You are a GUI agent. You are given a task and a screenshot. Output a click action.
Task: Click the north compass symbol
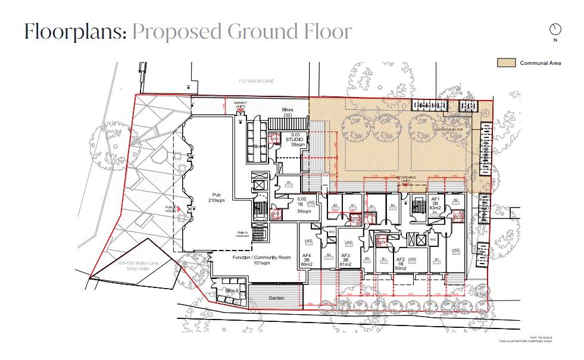coord(555,29)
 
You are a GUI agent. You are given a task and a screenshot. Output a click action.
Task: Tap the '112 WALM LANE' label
coord(255,81)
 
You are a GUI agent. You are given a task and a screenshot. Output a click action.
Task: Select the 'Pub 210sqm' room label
coord(214,198)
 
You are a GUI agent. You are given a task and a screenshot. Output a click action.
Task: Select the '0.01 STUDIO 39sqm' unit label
coord(297,140)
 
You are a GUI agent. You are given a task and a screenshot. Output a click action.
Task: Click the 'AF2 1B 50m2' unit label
coord(400,264)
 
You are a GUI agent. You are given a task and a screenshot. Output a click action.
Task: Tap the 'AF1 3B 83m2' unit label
coord(435,204)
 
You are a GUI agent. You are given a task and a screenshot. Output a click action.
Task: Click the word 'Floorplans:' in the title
coord(75,32)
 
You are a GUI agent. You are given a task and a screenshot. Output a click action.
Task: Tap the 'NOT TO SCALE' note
coord(541,338)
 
